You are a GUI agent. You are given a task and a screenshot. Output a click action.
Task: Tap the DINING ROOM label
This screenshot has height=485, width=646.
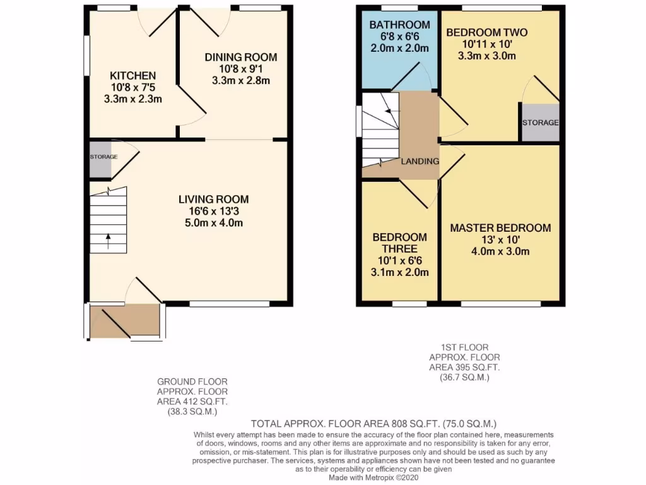coord(240,57)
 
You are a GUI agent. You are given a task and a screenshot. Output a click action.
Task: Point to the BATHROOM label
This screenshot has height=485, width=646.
coord(399,25)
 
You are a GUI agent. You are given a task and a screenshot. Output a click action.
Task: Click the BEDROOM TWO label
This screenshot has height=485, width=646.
coord(486,33)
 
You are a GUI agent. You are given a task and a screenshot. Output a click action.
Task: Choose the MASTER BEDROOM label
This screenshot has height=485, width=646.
coord(500,228)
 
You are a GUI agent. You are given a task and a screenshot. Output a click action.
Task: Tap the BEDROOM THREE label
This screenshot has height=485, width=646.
coord(399,243)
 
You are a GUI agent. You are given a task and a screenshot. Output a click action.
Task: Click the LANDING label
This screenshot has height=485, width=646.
coord(420,161)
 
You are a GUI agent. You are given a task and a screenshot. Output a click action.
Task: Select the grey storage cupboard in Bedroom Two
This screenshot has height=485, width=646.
coord(540,122)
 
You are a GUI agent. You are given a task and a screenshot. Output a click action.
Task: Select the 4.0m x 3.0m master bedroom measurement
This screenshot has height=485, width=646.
coord(500,251)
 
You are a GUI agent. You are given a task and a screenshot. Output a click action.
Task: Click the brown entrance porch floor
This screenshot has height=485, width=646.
coord(125,320)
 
